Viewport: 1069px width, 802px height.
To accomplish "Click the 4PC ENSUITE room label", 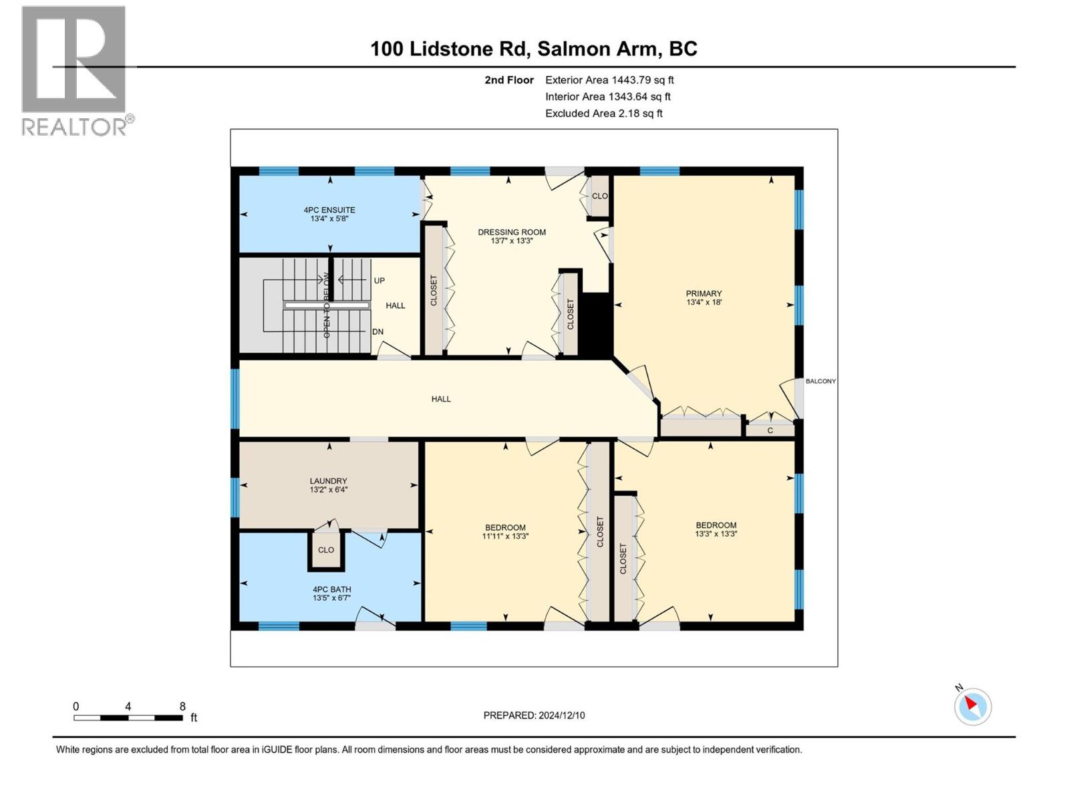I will tap(329, 210).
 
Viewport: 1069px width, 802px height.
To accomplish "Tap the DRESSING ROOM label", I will tap(512, 233).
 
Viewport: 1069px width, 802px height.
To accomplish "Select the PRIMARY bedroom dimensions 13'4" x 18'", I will tap(704, 302).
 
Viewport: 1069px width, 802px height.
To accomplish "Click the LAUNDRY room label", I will tap(328, 481).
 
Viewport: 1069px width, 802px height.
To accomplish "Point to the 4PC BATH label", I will tap(331, 589).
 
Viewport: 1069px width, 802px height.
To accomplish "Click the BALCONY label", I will tap(820, 381).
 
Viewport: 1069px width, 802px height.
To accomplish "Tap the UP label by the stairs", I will tap(379, 281).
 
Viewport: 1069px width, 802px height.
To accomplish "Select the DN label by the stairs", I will tap(378, 331).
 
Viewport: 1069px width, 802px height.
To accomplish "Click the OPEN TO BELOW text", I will tap(327, 305).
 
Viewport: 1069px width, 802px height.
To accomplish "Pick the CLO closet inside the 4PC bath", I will tap(326, 550).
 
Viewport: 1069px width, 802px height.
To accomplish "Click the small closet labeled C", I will tap(770, 430).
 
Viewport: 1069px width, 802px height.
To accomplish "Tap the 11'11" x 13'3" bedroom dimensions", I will tap(505, 536).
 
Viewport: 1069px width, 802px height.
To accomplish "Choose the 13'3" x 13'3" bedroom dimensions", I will tap(716, 534).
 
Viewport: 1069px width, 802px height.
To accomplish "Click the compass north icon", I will tap(972, 706).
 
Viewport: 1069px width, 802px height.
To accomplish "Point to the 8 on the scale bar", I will tap(182, 706).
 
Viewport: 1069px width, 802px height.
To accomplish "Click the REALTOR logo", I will tap(75, 70).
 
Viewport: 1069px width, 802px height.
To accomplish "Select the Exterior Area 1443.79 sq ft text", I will tap(609, 80).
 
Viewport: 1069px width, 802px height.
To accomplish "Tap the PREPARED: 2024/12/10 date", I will tap(534, 715).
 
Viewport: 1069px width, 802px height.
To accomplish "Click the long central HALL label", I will tap(441, 399).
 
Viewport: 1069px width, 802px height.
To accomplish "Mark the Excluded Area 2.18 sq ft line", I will tap(603, 113).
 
